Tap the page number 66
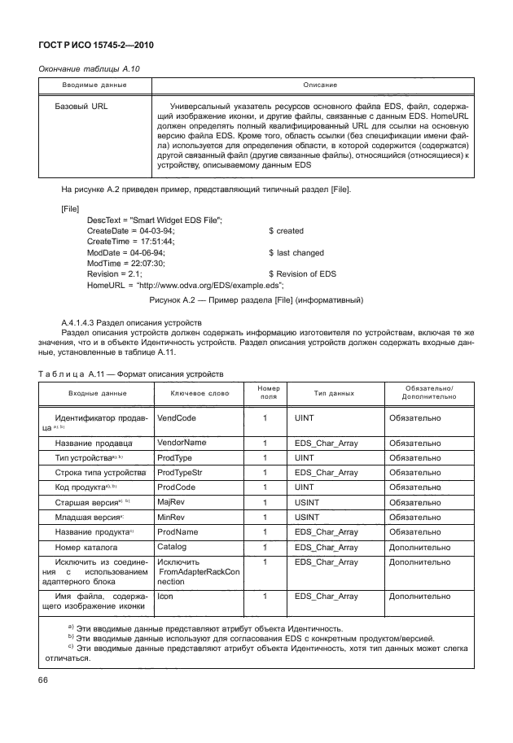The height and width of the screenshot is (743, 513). pyautogui.click(x=43, y=679)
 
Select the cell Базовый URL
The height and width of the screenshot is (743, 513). pyautogui.click(x=81, y=106)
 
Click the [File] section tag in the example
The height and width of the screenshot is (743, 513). pyautogui.click(x=71, y=209)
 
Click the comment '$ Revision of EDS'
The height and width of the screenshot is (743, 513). pyautogui.click(x=302, y=274)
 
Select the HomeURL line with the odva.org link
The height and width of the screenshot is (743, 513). pyautogui.click(x=185, y=285)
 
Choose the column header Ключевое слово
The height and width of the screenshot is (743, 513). pyautogui.click(x=200, y=394)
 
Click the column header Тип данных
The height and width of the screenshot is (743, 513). pyautogui.click(x=334, y=394)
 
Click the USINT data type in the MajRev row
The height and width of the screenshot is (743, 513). pyautogui.click(x=308, y=502)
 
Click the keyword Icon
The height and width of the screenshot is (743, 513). pyautogui.click(x=166, y=597)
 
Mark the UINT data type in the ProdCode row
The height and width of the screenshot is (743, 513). pyautogui.click(x=305, y=487)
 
